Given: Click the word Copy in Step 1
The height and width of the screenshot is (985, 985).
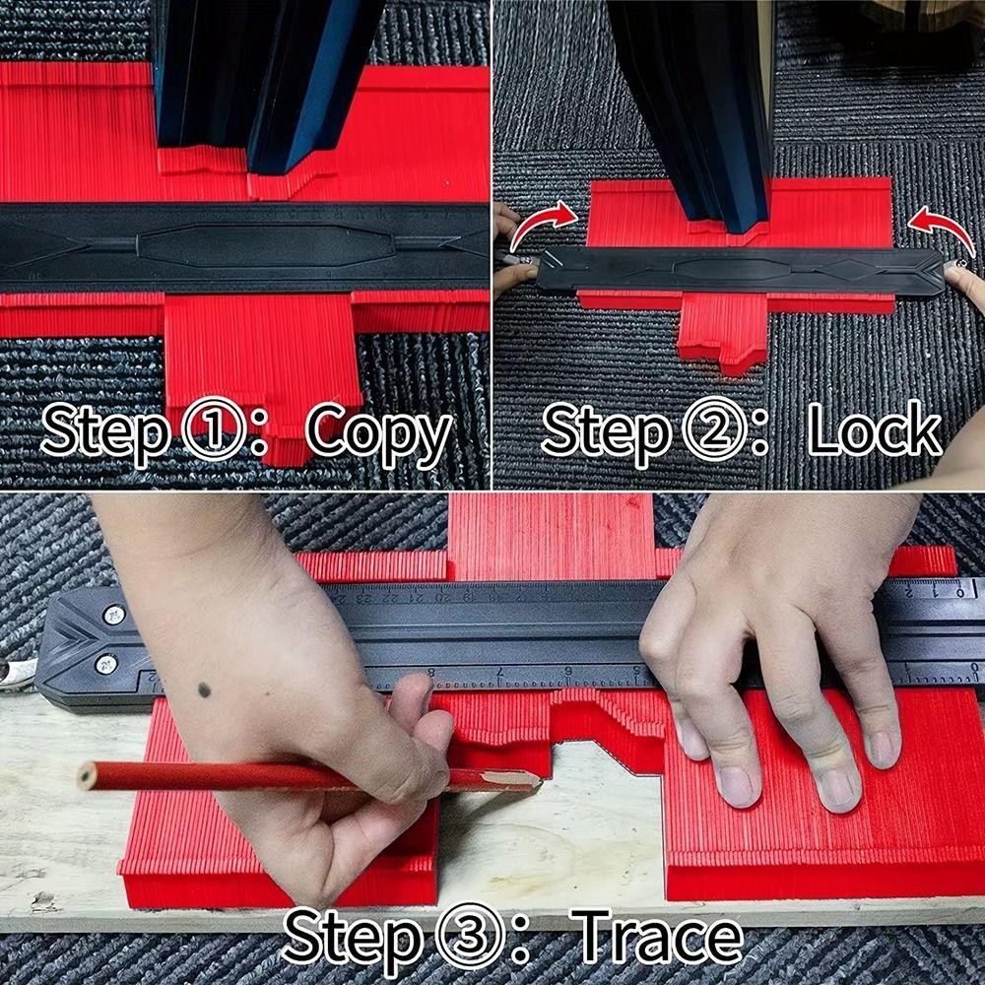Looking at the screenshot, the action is pyautogui.click(x=379, y=433).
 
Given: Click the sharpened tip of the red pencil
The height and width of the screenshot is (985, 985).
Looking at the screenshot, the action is pyautogui.click(x=539, y=781).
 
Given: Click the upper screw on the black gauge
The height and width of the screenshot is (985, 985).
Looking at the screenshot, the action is pyautogui.click(x=113, y=615).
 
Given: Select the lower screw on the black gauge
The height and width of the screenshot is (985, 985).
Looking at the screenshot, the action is pyautogui.click(x=106, y=663).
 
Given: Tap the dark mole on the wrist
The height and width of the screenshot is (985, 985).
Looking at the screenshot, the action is pyautogui.click(x=204, y=690).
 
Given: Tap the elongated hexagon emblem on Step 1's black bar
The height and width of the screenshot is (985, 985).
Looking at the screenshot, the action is pyautogui.click(x=266, y=243).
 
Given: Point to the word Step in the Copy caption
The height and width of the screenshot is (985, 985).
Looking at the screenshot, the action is pyautogui.click(x=106, y=433).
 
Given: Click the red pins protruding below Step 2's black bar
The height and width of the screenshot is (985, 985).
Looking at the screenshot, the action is pyautogui.click(x=722, y=332).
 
